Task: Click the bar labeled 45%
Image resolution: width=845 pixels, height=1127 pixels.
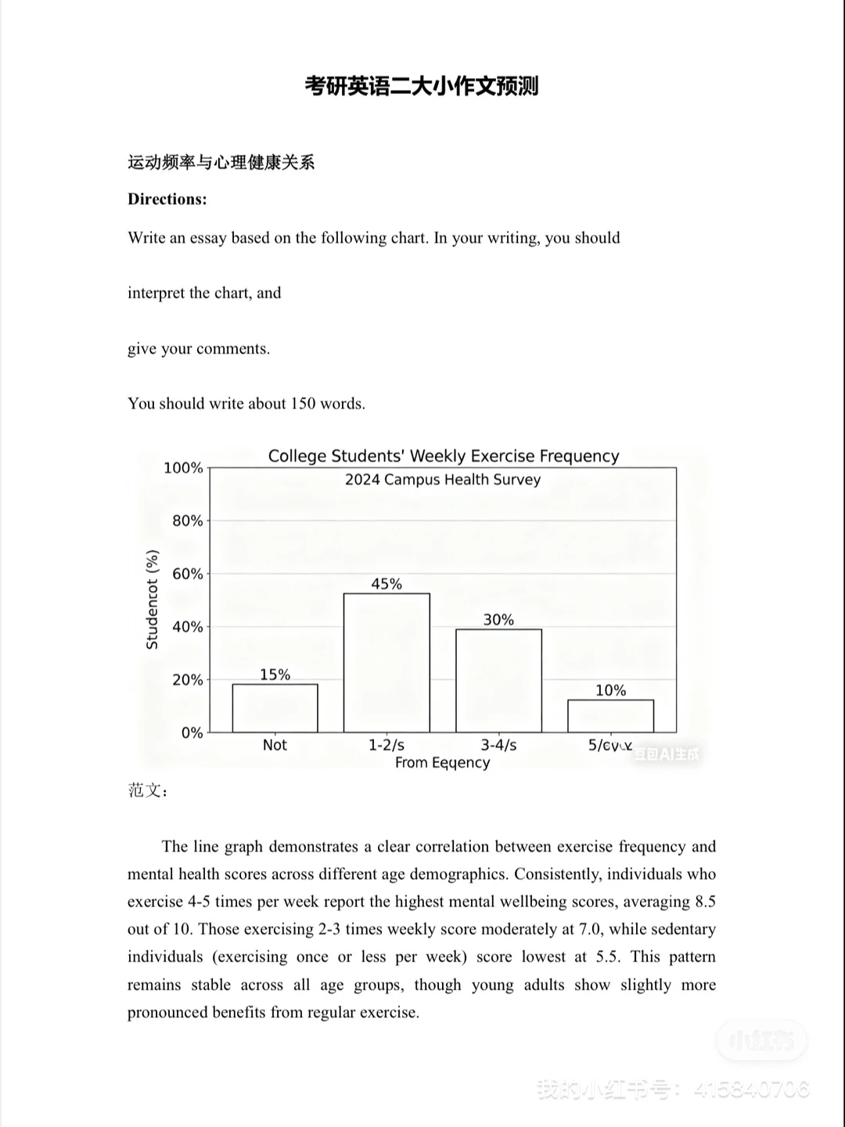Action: click(x=387, y=663)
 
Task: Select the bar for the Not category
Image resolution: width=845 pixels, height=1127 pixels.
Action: click(x=275, y=708)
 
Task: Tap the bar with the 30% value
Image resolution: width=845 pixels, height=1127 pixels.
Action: click(x=498, y=681)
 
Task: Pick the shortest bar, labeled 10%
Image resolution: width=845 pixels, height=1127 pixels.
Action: click(x=610, y=716)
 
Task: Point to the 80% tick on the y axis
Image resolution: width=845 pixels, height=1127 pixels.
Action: click(x=187, y=520)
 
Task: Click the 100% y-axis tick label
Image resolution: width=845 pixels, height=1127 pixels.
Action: click(x=183, y=468)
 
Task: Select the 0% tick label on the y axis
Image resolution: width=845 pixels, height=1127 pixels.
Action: click(x=192, y=733)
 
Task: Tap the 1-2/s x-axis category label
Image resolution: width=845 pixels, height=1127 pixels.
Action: click(x=387, y=745)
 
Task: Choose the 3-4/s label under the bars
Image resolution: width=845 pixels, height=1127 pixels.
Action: click(x=498, y=745)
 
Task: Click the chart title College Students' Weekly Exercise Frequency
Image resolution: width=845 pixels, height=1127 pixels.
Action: click(x=444, y=456)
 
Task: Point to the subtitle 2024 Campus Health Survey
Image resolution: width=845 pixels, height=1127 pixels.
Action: click(x=443, y=480)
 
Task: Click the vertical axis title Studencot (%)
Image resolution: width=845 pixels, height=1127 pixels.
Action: click(x=153, y=600)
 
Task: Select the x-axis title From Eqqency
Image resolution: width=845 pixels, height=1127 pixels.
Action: click(x=442, y=763)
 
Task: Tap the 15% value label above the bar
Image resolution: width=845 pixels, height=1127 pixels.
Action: click(x=275, y=675)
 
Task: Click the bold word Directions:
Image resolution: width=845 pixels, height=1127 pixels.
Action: click(x=167, y=200)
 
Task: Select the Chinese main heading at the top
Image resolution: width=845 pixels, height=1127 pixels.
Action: click(x=422, y=86)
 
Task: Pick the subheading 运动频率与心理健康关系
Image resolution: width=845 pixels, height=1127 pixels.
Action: click(x=221, y=163)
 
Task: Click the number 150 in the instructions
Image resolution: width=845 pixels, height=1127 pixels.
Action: click(x=303, y=404)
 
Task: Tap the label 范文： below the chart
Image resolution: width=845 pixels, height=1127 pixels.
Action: click(x=149, y=790)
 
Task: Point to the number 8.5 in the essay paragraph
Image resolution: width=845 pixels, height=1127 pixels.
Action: click(x=705, y=902)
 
